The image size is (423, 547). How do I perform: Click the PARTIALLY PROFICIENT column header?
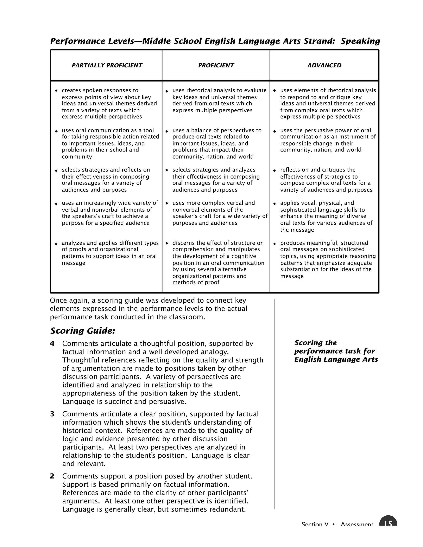pyautogui.click(x=107, y=65)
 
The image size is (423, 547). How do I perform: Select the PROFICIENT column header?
pyautogui.click(x=216, y=65)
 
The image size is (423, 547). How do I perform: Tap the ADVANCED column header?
pyautogui.click(x=324, y=65)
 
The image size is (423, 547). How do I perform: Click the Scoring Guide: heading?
pyautogui.click(x=83, y=331)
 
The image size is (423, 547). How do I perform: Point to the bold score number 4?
pyautogui.click(x=52, y=343)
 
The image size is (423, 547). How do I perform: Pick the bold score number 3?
pyautogui.click(x=52, y=414)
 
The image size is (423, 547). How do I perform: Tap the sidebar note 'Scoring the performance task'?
pyautogui.click(x=336, y=351)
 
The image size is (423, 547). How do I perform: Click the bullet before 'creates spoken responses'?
pyautogui.click(x=56, y=91)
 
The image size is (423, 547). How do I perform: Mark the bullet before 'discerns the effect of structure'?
pyautogui.click(x=167, y=243)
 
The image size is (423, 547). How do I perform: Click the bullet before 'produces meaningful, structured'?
pyautogui.click(x=274, y=243)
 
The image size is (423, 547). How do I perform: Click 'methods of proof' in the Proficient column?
pyautogui.click(x=196, y=283)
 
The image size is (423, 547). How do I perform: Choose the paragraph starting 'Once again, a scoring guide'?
pyautogui.click(x=148, y=309)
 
